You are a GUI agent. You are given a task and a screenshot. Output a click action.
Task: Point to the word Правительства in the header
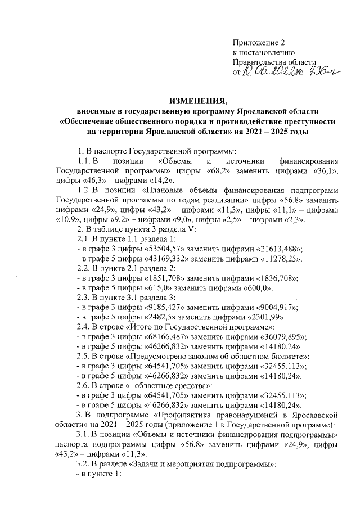[x=259, y=62]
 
